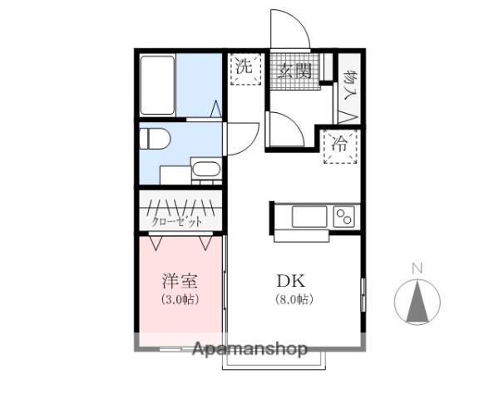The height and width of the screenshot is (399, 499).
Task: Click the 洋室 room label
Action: tap(180, 281)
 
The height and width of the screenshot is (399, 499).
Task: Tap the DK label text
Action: tap(291, 281)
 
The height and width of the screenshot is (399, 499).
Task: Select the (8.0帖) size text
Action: tap(294, 299)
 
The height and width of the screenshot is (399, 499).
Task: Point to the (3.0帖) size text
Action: tap(180, 299)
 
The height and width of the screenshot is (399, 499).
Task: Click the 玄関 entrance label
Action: tap(294, 71)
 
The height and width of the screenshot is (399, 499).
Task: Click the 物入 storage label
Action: tap(350, 85)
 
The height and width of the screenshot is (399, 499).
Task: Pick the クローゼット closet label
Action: tap(177, 221)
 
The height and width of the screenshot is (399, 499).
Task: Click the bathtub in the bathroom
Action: tap(157, 86)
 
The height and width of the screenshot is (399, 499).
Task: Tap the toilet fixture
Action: tap(155, 138)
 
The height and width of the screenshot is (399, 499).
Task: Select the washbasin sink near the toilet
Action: tap(206, 169)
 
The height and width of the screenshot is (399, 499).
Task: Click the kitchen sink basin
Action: tap(309, 217)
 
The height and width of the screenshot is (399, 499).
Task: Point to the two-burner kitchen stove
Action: tap(344, 217)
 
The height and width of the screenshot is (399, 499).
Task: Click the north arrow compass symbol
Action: tap(417, 302)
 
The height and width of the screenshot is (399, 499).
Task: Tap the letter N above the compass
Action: tap(417, 268)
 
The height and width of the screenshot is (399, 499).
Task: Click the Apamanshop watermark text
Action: tap(250, 349)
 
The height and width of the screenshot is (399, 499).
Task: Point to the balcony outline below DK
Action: tap(274, 361)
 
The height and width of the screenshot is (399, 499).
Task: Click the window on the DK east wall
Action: tap(363, 295)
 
